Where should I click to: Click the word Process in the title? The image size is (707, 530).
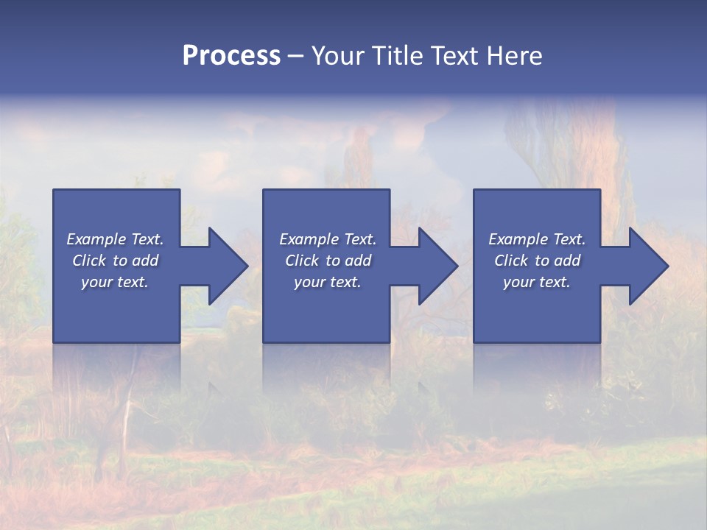[x=231, y=56]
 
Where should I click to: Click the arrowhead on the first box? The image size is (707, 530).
[x=225, y=266]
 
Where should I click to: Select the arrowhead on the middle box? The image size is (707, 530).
[x=435, y=266]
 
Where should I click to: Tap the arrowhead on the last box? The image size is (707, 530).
[x=645, y=266]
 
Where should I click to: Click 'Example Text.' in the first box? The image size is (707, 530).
[x=115, y=239]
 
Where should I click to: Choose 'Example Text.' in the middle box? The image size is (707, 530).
[x=328, y=239]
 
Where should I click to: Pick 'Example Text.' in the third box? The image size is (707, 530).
[x=537, y=239]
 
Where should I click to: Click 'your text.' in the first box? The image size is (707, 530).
[x=115, y=282]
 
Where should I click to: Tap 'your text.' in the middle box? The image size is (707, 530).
[x=328, y=282]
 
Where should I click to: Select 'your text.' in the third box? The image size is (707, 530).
[x=537, y=282]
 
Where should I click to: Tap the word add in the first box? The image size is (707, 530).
[x=145, y=261]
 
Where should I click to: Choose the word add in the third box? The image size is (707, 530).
[x=567, y=261]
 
